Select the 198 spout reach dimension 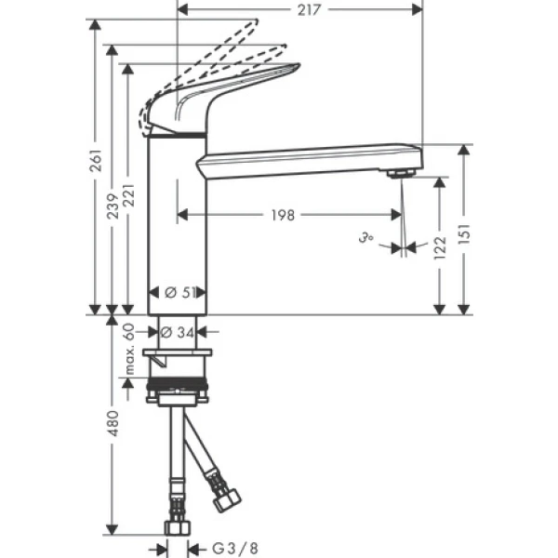tap(284, 215)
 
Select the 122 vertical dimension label tap(441, 246)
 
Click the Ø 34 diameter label tap(179, 331)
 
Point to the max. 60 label tap(129, 351)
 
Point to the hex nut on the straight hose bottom tap(176, 526)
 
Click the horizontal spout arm tap(307, 158)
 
